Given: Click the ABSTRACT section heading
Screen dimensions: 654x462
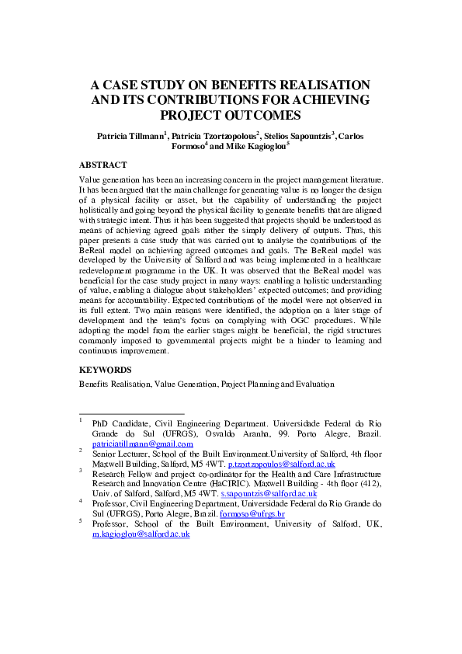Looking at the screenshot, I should [103, 165].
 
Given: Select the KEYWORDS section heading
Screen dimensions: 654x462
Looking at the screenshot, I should [106, 370].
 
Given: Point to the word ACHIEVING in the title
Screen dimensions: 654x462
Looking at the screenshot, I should [322, 99].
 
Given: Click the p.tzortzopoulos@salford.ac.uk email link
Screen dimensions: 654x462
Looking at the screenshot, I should [276, 463].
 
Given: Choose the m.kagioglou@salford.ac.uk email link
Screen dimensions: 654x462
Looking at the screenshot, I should [141, 535].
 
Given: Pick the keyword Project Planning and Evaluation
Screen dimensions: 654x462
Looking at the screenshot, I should [277, 384].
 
